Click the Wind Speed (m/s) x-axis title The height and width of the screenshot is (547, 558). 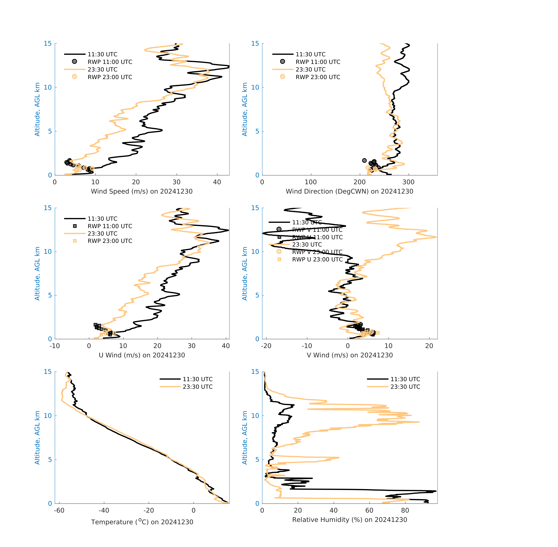tap(142, 191)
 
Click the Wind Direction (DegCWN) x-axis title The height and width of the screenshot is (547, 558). tap(349, 191)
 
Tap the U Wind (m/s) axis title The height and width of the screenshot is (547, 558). tap(142, 355)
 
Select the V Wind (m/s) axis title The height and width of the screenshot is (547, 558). tap(349, 355)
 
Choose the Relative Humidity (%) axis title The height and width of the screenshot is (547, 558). tap(349, 519)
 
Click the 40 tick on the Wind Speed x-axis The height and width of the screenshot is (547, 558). tap(217, 182)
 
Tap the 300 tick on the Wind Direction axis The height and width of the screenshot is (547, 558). tap(408, 182)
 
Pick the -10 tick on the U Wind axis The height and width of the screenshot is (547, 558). tap(55, 346)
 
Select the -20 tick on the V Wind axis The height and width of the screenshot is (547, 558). tap(266, 346)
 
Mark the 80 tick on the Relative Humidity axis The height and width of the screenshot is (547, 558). tap(405, 510)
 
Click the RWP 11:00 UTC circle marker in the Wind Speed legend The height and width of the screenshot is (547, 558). tap(74, 61)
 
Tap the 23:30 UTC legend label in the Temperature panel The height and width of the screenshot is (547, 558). tap(198, 387)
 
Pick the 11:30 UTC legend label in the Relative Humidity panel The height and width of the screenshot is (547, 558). tap(405, 379)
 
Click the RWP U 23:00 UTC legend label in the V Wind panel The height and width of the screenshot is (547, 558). tap(317, 259)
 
